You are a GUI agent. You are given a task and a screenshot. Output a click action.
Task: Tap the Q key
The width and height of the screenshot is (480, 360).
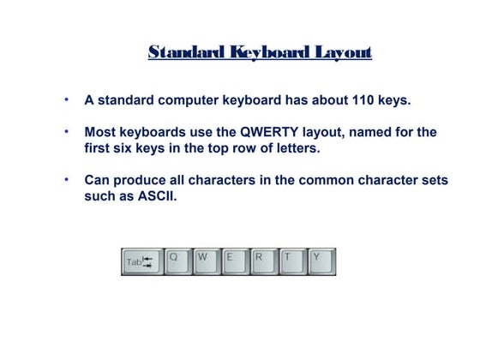[178, 261]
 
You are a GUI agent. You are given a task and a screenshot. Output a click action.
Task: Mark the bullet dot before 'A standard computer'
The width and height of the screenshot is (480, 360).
[67, 99]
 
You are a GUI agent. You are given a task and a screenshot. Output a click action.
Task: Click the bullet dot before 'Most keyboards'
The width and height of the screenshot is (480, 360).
[67, 132]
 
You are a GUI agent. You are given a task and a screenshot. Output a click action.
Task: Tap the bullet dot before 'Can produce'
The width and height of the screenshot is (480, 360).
[67, 180]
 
